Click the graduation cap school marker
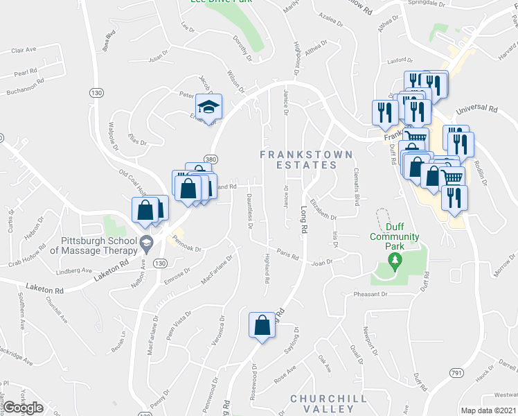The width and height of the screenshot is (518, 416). (208, 107)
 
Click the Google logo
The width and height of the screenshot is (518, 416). (23, 408)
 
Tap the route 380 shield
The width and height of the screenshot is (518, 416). (211, 159)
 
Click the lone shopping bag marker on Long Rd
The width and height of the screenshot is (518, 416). (262, 325)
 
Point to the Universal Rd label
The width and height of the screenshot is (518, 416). (477, 109)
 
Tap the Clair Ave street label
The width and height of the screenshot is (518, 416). (24, 51)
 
